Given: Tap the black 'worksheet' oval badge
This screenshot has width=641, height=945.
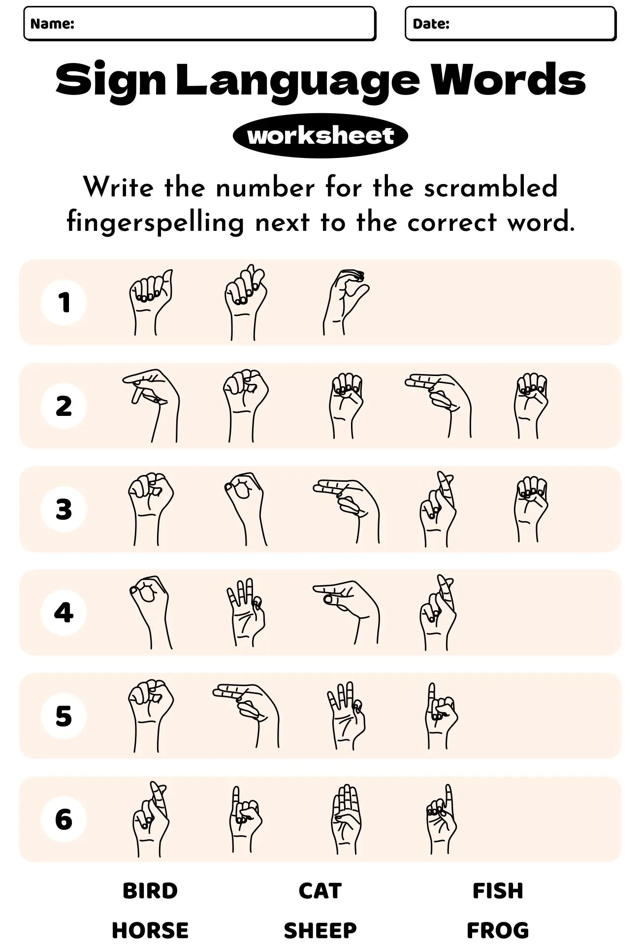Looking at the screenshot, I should pyautogui.click(x=320, y=135).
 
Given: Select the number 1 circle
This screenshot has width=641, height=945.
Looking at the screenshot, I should pyautogui.click(x=64, y=302).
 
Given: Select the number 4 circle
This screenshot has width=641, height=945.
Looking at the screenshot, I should pyautogui.click(x=64, y=612).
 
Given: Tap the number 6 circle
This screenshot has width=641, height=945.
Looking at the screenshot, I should pyautogui.click(x=64, y=819).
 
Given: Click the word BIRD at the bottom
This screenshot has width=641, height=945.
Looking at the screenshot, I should pyautogui.click(x=150, y=890).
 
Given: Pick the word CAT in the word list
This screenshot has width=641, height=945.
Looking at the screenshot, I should pyautogui.click(x=320, y=890).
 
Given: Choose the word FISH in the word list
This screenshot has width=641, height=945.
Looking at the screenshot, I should pyautogui.click(x=498, y=890).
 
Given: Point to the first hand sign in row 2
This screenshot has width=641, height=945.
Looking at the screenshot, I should pyautogui.click(x=152, y=405).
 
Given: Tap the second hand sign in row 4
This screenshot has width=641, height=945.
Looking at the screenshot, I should pyautogui.click(x=245, y=612).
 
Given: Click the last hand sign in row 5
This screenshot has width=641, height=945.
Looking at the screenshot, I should pyautogui.click(x=440, y=716).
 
